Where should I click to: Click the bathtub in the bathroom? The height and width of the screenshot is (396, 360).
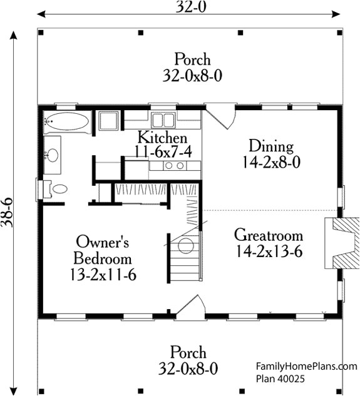pos(68,122)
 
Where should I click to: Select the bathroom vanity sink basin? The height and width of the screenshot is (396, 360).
pos(52,155)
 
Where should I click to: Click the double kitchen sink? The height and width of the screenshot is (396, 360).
pos(163,119)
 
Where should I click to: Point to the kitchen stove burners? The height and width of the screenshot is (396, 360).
pos(175,166)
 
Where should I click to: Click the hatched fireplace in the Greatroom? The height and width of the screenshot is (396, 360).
pos(346,243)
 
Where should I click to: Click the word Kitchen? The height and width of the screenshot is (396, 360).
pos(162,138)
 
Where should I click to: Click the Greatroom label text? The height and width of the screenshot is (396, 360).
pos(269,235)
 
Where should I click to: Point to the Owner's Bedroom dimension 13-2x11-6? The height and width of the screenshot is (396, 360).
pos(103,275)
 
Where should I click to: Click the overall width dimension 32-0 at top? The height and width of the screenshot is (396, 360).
pos(191,7)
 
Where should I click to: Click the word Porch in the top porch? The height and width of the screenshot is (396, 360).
pos(192,59)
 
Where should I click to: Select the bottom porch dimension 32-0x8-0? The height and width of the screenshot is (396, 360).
pos(188,368)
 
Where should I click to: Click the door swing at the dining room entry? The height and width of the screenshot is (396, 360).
pos(220,116)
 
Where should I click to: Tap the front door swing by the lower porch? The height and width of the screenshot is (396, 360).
pos(192,306)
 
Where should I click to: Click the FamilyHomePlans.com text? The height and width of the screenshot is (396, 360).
pos(307,366)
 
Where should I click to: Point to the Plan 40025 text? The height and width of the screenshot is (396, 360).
pos(280,379)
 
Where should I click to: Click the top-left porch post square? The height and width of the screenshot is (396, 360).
pos(41,33)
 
